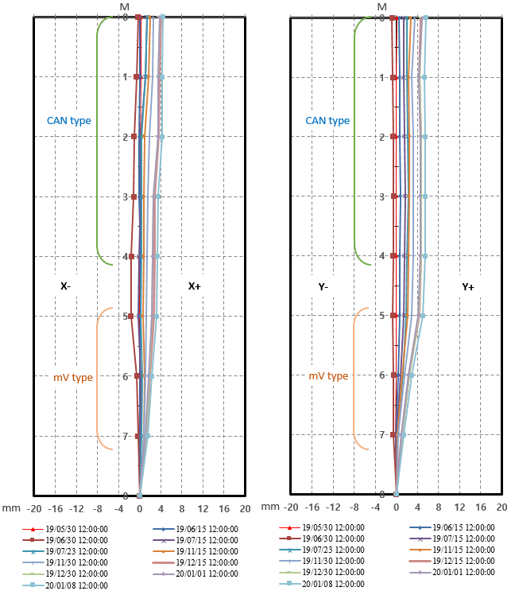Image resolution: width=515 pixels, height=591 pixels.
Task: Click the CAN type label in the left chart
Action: tap(69, 121)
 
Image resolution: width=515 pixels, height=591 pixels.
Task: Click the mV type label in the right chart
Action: tap(328, 376)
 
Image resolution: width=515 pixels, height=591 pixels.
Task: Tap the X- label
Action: tap(65, 286)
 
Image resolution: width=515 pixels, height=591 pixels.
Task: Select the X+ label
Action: tap(195, 286)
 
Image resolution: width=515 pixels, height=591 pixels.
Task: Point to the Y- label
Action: tap(323, 287)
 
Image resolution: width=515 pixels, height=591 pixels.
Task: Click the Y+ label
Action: tap(468, 287)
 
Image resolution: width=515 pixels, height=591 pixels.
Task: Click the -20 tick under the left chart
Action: tap(34, 509)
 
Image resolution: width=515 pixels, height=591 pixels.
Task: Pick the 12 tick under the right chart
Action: tap(459, 507)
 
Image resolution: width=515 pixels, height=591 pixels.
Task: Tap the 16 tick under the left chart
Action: tap(224, 509)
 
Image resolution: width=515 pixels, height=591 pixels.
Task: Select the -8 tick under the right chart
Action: tap(354, 507)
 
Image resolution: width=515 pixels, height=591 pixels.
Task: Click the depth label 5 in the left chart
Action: tap(125, 317)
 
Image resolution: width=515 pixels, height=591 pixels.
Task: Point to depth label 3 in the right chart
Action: tap(382, 196)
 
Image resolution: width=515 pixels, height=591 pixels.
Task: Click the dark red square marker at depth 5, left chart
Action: tap(130, 317)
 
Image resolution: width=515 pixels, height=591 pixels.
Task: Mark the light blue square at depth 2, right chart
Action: tap(425, 137)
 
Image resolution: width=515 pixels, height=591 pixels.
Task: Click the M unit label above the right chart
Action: tap(382, 7)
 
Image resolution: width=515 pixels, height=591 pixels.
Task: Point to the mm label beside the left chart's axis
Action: tap(11, 508)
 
